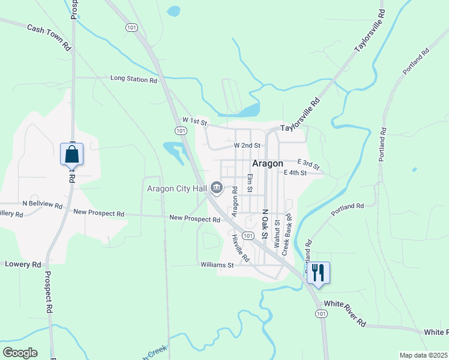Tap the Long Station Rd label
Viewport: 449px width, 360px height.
(133, 79)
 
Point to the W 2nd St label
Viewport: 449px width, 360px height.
(247, 145)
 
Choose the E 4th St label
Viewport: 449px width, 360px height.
(295, 173)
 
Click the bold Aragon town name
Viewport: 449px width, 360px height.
(267, 163)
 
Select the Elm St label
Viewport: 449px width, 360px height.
(250, 183)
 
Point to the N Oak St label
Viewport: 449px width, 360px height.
(264, 224)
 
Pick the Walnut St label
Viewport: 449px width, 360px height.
(277, 234)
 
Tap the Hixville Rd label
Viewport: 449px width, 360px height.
(240, 248)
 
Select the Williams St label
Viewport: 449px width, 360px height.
(217, 265)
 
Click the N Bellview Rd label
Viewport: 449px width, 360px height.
(41, 205)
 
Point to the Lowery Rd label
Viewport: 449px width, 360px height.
(23, 264)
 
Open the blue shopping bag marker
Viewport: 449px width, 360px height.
(71, 154)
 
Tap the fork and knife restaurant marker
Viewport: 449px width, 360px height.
(318, 273)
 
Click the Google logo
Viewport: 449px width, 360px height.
(20, 353)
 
